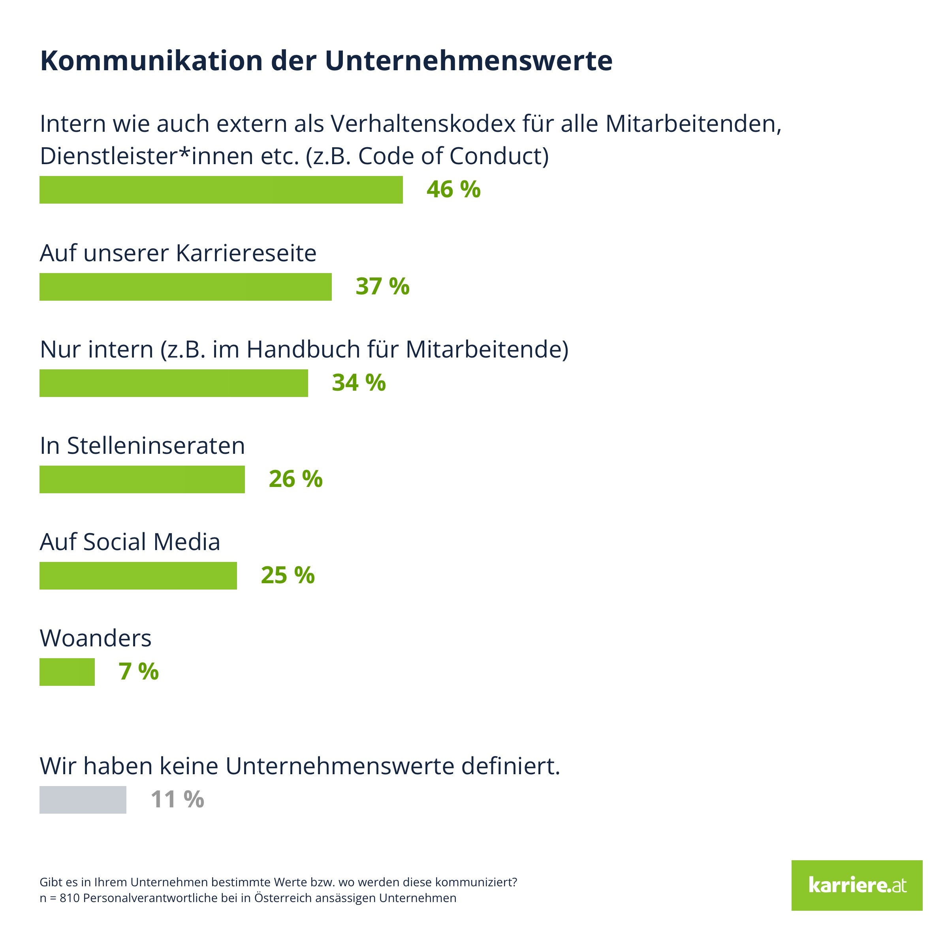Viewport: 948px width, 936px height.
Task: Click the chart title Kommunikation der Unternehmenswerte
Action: coord(326,61)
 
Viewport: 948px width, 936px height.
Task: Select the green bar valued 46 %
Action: coord(221,190)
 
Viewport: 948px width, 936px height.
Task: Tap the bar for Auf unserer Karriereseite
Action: coord(186,287)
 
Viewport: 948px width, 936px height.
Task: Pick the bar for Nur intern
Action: coord(174,383)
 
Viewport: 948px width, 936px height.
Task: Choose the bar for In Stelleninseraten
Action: coord(142,479)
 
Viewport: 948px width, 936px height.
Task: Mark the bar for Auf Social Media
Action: coord(138,576)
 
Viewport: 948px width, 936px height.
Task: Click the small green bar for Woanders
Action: coord(67,672)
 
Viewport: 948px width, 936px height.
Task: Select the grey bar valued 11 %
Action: coord(83,800)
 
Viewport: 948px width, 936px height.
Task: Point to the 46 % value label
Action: coord(453,190)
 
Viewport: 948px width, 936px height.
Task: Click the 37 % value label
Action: coord(382,287)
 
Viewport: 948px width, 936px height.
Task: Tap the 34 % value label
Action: coord(359,383)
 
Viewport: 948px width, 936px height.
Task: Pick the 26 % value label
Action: coord(295,479)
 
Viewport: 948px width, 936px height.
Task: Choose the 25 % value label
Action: coord(288,576)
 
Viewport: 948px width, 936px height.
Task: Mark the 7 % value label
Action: coord(138,672)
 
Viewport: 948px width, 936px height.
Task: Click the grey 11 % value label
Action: coord(177,800)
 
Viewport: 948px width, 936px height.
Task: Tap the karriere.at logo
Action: coord(856,885)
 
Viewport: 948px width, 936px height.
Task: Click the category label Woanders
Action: coord(95,638)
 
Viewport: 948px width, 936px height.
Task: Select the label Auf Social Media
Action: coord(130,542)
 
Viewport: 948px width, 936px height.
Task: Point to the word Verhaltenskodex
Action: coord(423,124)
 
